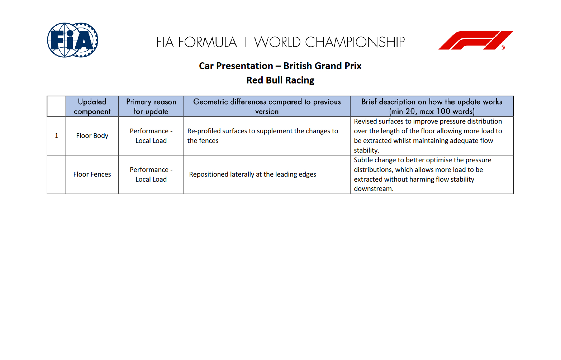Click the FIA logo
73,40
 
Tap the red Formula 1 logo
476,40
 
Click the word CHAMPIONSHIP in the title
355,42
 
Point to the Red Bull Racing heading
280,80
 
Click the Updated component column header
92,106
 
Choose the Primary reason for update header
151,106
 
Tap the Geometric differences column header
267,106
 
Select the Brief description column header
432,106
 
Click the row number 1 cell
56,136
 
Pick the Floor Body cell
92,136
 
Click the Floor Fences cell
92,174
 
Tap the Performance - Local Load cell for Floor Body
151,136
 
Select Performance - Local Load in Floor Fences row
151,174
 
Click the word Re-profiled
204,131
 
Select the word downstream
374,189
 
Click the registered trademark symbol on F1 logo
503,48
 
